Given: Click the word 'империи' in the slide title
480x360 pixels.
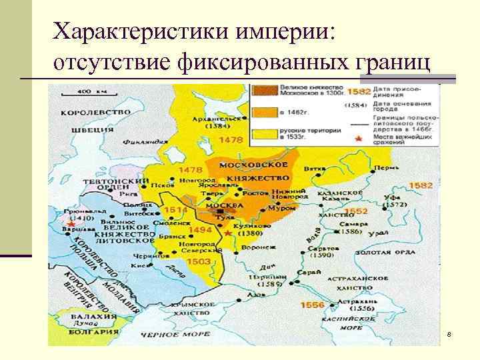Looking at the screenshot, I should point(278,31).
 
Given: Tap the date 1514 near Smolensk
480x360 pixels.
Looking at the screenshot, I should point(178,209).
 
